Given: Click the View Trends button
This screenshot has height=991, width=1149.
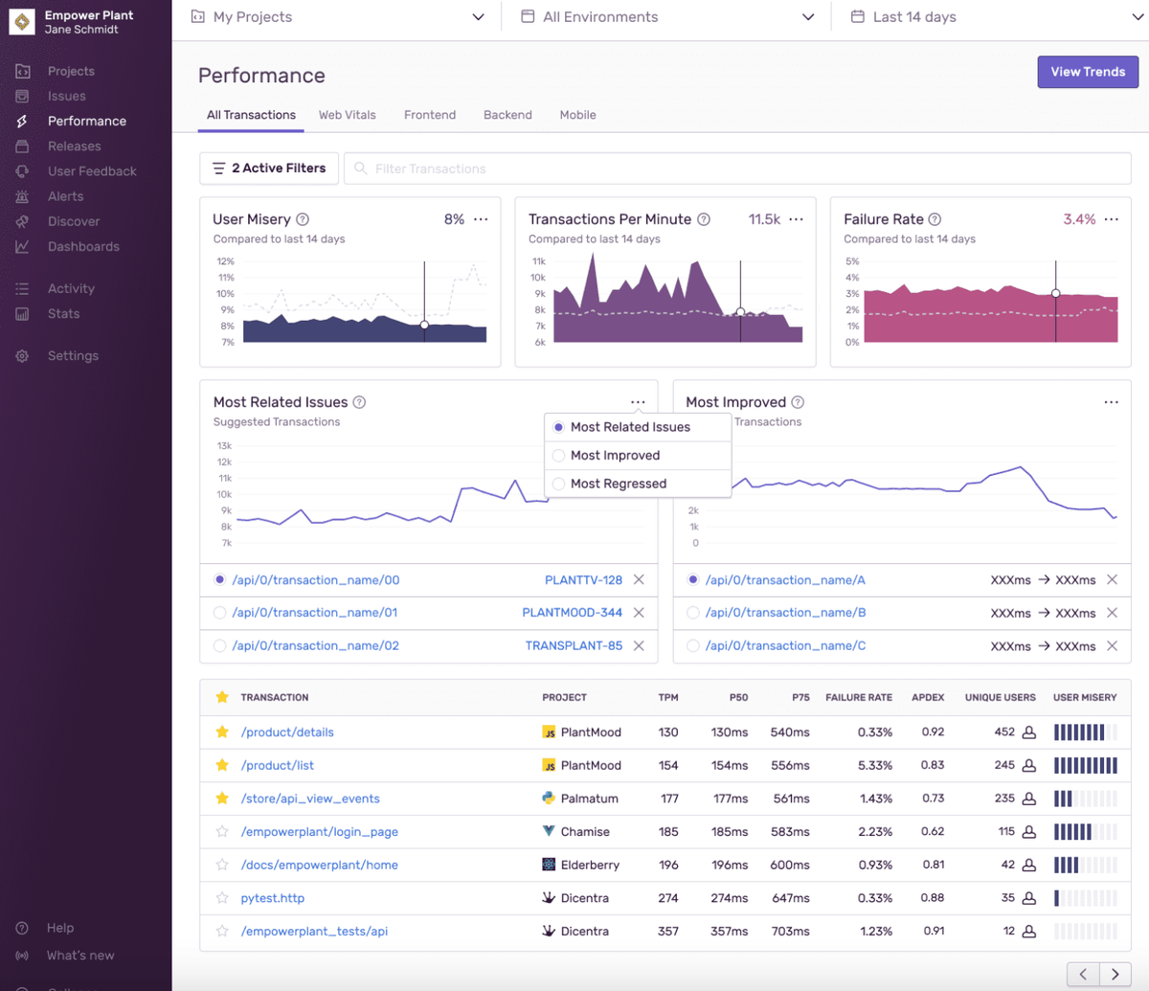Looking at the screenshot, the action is coord(1088,72).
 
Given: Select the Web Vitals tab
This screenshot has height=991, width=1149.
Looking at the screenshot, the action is coord(347,115).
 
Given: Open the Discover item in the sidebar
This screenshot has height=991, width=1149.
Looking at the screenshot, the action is coord(74,221).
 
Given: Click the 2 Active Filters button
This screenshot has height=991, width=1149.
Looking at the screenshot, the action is coord(269,169).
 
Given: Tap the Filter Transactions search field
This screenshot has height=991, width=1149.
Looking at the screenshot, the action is coord(737,169).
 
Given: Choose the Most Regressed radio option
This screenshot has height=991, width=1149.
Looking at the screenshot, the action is coord(558,484).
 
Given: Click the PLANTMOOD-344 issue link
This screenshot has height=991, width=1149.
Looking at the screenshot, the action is coord(572,613).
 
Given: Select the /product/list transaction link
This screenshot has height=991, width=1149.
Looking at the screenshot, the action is coord(277,765).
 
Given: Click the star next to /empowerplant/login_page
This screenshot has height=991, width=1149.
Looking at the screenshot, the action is coord(222,831).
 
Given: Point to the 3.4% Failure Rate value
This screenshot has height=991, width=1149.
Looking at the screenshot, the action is coord(1079,219).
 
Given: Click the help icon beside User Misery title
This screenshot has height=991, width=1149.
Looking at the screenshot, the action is coord(303,219).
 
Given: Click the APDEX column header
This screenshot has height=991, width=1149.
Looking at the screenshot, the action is coord(928,698).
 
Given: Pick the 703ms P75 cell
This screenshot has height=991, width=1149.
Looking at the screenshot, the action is coord(790,931).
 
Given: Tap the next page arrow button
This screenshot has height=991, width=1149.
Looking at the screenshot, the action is coord(1115,974).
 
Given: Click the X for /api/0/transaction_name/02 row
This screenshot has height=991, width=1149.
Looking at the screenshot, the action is coord(640,646).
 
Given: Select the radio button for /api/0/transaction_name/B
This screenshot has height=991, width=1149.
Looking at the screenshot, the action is coord(692,613).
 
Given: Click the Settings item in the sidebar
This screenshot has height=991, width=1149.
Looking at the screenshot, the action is coord(73,356).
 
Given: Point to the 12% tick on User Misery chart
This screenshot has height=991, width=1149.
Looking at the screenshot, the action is coord(225,261).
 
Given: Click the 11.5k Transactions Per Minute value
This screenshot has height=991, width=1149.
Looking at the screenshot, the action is coord(764,219).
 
